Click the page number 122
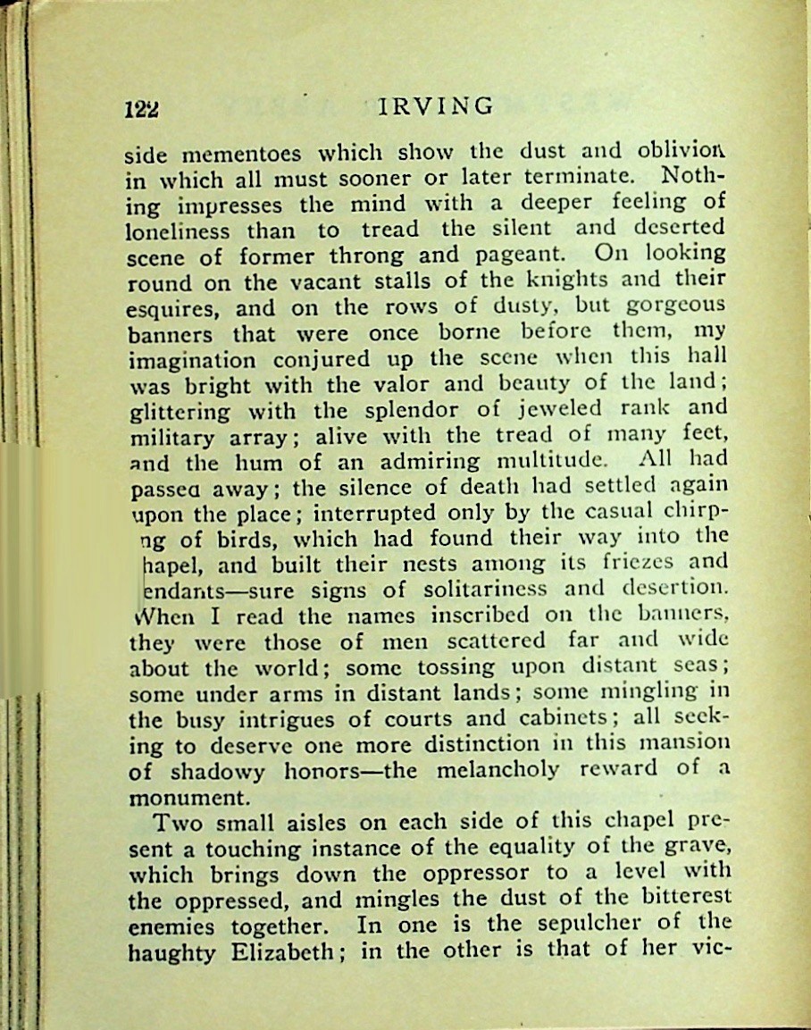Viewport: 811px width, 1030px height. pyautogui.click(x=142, y=108)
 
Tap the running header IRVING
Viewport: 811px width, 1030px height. pyautogui.click(x=436, y=106)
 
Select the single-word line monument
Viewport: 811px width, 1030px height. pyautogui.click(x=185, y=796)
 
